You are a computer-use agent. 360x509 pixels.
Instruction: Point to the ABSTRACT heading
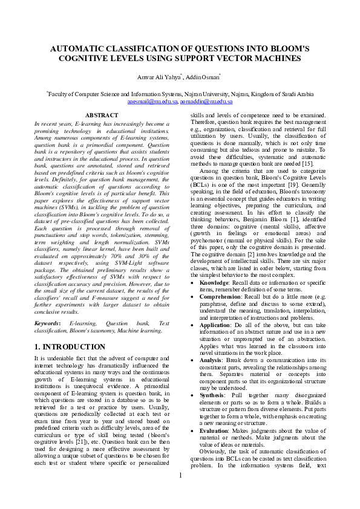pyautogui.click(x=102, y=115)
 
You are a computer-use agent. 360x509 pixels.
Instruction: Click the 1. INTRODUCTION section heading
pyautogui.click(x=70, y=347)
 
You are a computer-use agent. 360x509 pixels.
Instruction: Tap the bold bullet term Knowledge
pyautogui.click(x=214, y=282)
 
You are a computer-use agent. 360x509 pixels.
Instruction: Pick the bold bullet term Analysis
pyautogui.click(x=212, y=360)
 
